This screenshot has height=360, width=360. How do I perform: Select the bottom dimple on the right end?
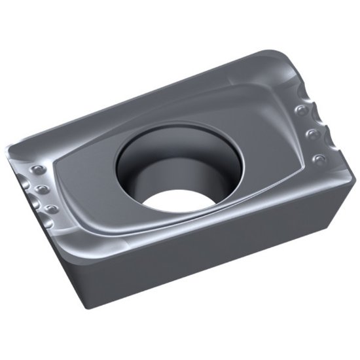[x=319, y=159]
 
